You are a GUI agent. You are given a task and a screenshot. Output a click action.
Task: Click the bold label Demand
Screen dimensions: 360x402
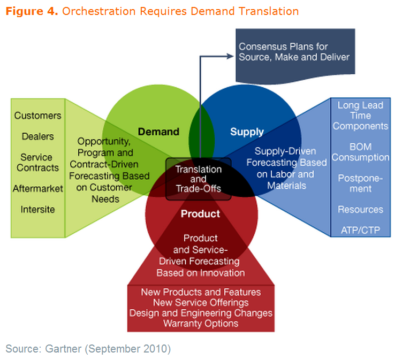click(158, 132)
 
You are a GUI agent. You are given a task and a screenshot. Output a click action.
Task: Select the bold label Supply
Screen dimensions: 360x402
click(247, 132)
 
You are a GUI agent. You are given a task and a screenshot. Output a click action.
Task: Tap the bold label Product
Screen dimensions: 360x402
click(200, 214)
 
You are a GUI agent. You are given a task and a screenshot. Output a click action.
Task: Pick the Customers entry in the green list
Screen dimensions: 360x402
click(37, 116)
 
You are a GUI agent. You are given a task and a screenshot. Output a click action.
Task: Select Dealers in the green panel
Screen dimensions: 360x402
click(37, 136)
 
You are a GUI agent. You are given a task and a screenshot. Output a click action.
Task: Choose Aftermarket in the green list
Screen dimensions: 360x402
click(37, 188)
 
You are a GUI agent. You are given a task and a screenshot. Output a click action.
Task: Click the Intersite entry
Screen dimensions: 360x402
click(37, 209)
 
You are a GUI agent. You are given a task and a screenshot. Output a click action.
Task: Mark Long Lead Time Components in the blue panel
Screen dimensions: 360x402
click(360, 116)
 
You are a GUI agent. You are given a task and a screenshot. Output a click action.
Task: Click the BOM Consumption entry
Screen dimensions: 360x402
click(360, 152)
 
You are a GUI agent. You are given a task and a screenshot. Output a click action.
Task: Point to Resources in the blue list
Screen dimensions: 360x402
click(360, 209)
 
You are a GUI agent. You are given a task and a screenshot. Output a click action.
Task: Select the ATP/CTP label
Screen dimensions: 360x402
click(360, 230)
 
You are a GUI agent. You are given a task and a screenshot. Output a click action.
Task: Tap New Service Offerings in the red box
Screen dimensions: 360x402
click(201, 303)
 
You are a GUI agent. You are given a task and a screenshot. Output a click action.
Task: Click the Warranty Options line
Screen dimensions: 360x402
click(201, 323)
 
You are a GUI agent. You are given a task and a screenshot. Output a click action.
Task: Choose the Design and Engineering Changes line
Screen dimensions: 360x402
click(201, 313)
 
